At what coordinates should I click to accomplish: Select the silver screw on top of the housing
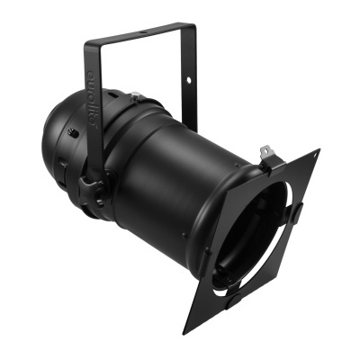point(135,96)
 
